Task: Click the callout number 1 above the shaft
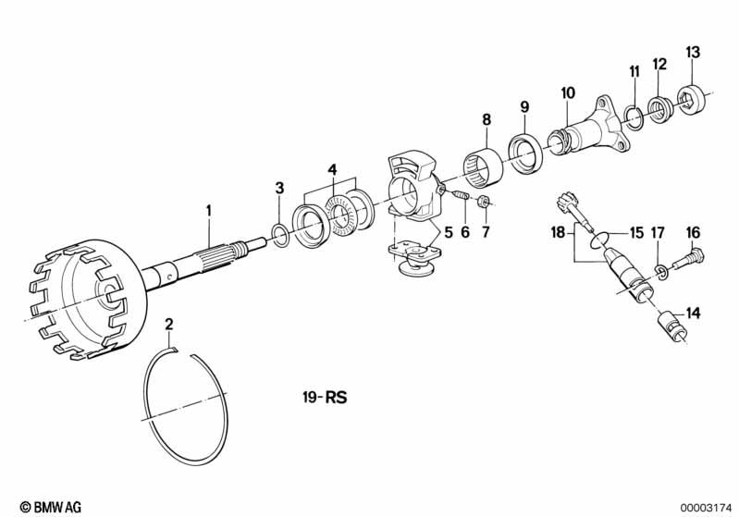(x=209, y=211)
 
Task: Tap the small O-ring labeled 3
(x=280, y=235)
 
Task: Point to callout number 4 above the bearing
(x=333, y=169)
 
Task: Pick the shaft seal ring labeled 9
(x=525, y=154)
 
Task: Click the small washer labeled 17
(x=659, y=272)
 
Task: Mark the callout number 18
(x=558, y=232)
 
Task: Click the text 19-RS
(x=325, y=397)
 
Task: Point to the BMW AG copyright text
(x=51, y=507)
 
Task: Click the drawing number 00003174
(x=705, y=508)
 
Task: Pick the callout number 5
(x=449, y=232)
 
